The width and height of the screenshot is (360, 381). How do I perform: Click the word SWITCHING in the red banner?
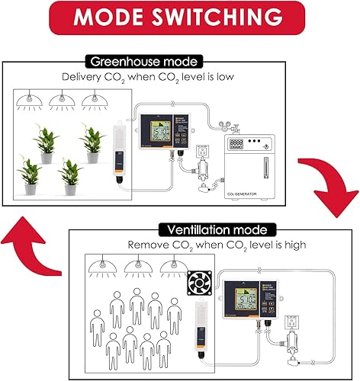tap(221, 18)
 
